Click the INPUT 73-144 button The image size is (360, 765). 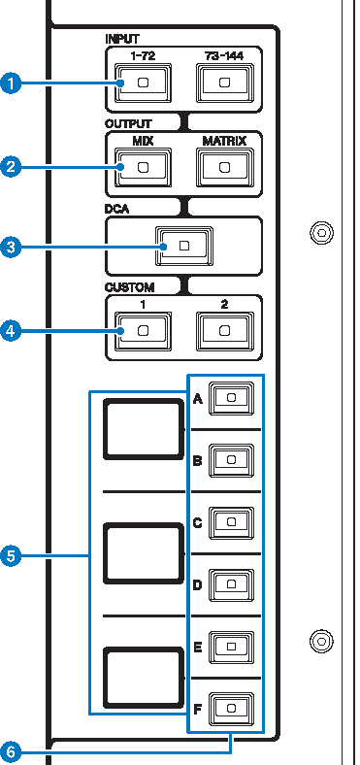point(225,83)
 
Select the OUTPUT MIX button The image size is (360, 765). point(144,167)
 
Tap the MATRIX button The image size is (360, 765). point(225,167)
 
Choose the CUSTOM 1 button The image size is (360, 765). point(144,332)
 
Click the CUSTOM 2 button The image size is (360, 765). point(225,332)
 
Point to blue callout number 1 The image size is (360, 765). point(12,84)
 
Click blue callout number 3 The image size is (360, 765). point(12,249)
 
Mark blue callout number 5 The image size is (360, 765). point(12,556)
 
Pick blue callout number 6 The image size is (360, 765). point(12,751)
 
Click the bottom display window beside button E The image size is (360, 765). point(144,678)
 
